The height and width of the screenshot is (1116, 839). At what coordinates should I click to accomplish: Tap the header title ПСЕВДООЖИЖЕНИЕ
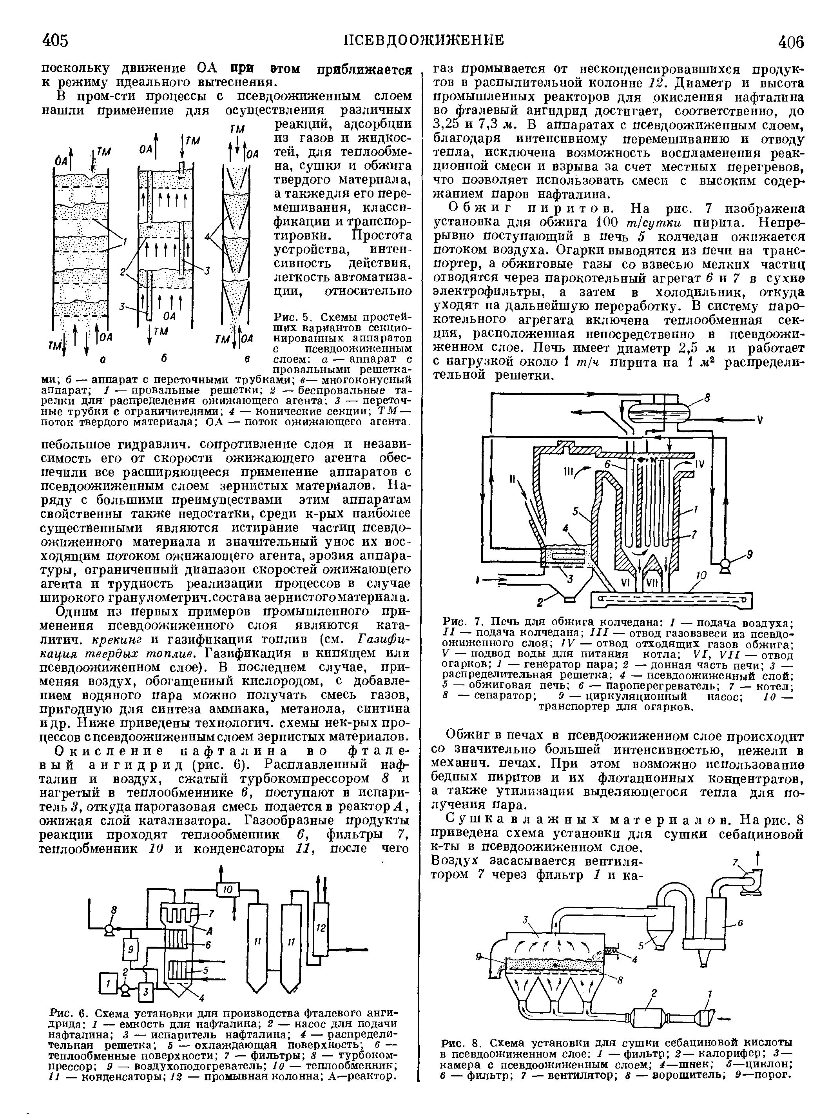pos(423,40)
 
